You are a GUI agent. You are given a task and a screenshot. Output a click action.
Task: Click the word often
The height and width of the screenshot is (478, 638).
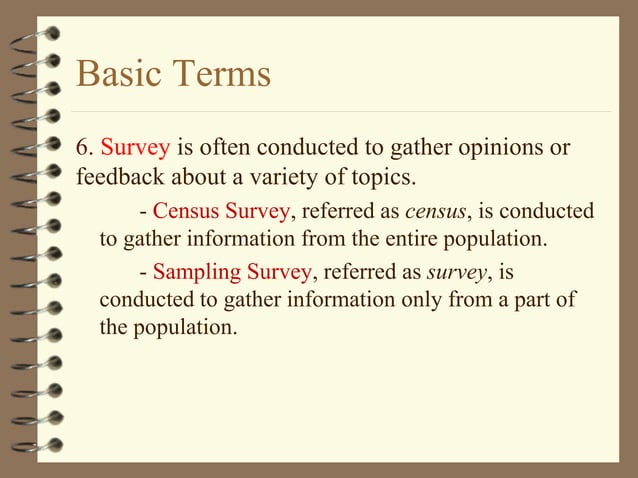[x=229, y=149]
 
